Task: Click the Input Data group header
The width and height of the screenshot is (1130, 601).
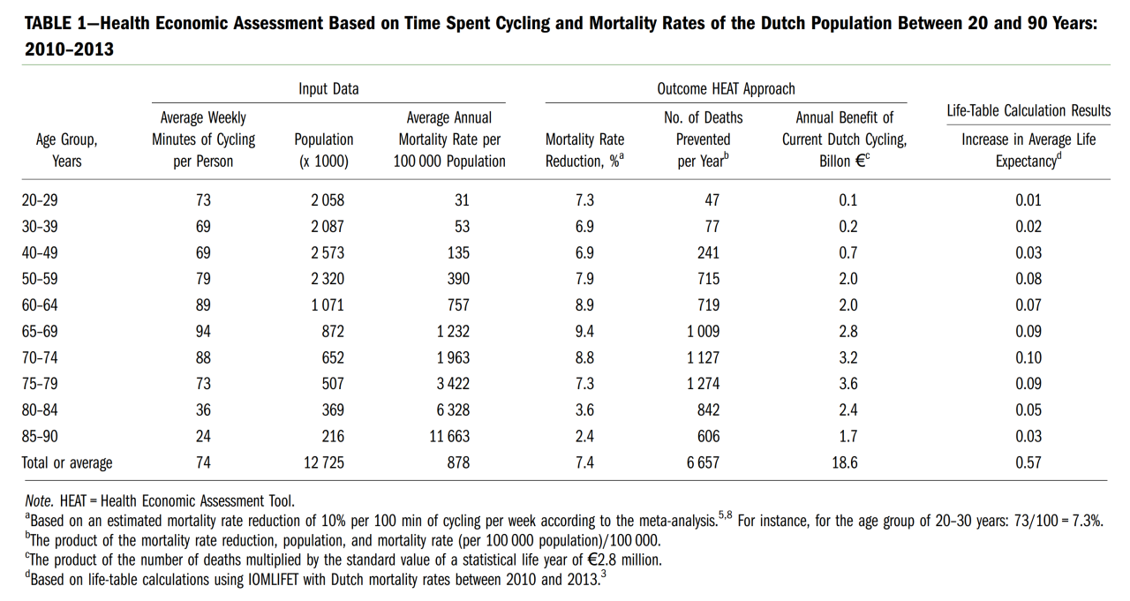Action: [x=328, y=89]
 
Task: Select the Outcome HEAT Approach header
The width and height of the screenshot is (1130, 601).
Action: [x=726, y=89]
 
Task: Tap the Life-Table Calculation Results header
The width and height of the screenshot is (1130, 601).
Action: [x=1028, y=111]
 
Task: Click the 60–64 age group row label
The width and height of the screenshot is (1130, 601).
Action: [x=40, y=305]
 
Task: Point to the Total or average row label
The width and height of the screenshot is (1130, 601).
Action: [x=67, y=462]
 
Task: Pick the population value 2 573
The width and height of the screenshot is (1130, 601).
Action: [x=328, y=252]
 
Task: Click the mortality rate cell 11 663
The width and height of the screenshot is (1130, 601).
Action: [x=449, y=436]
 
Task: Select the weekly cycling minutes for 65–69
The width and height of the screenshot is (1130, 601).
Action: [x=203, y=331]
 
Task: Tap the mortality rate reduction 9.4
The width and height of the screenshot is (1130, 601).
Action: [x=584, y=331]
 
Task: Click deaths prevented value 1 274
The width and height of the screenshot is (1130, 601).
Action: [x=704, y=384]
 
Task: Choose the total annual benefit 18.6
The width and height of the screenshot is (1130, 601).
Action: [x=845, y=462]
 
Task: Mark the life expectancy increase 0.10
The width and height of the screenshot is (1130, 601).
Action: [x=1028, y=357]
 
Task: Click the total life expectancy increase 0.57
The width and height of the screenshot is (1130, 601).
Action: [x=1028, y=462]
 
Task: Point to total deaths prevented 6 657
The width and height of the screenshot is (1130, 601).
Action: [x=704, y=462]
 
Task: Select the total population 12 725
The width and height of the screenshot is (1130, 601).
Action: [x=324, y=462]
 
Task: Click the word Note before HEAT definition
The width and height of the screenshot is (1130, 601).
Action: [x=39, y=501]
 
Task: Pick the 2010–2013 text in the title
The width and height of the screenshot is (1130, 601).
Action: [x=69, y=49]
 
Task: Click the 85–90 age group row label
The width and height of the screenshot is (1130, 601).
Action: [x=40, y=436]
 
